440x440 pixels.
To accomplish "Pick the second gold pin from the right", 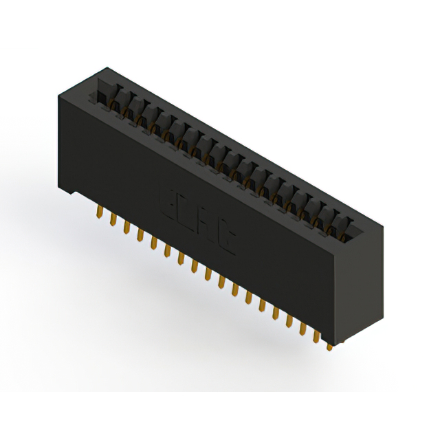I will pyautogui.click(x=316, y=336).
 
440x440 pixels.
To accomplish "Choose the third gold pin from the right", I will pyautogui.click(x=302, y=329).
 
